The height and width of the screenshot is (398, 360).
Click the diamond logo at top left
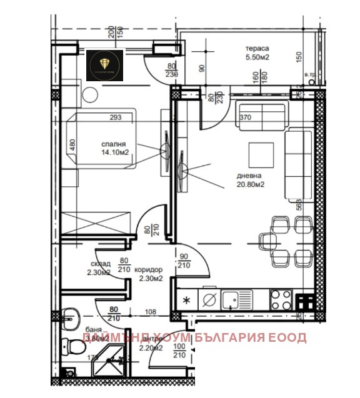(104, 63)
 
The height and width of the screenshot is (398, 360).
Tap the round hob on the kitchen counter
(210, 300)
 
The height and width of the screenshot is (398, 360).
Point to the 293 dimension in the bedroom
(114, 116)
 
